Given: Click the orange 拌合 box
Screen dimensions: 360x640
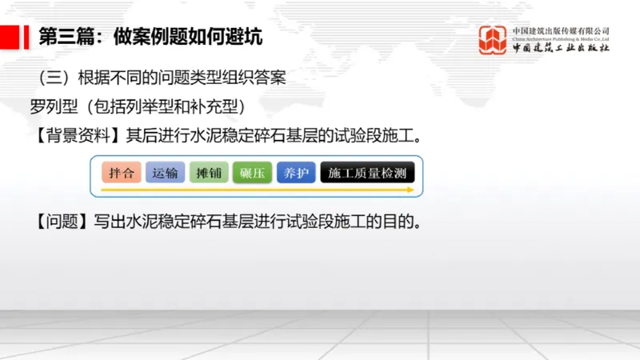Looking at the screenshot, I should [122, 173].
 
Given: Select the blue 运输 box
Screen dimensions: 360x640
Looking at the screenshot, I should [166, 173].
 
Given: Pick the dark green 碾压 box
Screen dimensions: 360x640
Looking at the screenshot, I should [252, 173].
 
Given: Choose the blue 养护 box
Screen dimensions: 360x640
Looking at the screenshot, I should [295, 173].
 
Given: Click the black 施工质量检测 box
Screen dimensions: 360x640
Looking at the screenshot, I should [367, 173].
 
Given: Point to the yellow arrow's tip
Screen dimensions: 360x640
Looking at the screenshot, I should [413, 190].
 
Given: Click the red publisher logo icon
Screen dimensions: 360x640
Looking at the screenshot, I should [493, 40].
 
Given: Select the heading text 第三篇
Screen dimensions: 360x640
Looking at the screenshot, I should [63, 37].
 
